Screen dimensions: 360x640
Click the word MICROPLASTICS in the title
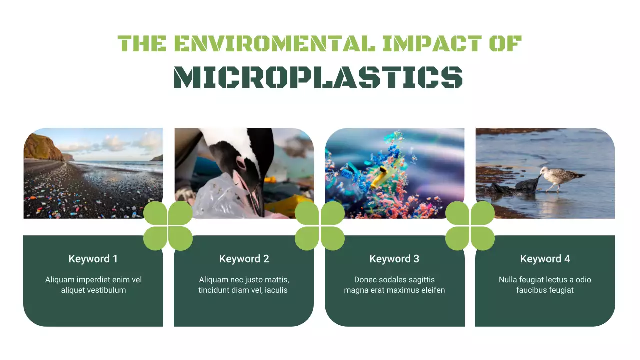(318, 77)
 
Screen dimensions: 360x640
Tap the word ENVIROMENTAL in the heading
(274, 44)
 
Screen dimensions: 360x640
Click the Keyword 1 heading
(93, 259)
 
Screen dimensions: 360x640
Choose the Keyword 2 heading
(244, 259)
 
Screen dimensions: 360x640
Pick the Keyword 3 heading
(394, 259)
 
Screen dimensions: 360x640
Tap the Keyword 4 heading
(545, 259)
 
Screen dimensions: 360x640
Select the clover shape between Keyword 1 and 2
(168, 226)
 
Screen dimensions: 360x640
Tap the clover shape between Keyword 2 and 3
(320, 226)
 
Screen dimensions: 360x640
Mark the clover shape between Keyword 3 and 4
(470, 226)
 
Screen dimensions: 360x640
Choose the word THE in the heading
(142, 44)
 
